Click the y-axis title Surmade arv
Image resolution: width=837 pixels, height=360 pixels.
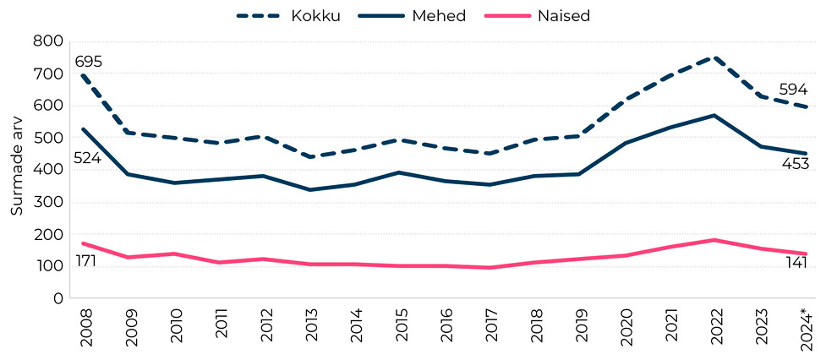tap(16, 170)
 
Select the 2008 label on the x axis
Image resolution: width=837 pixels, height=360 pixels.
tap(83, 325)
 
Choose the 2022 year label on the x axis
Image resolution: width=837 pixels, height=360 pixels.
tap(715, 325)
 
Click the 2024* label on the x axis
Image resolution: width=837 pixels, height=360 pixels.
tap(804, 326)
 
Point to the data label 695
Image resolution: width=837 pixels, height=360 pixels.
tap(88, 62)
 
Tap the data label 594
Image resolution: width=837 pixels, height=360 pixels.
tap(795, 90)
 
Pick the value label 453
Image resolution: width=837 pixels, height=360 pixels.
tap(795, 164)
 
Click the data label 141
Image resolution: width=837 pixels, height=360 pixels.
tap(795, 263)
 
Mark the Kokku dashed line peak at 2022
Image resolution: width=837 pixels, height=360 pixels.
tap(715, 57)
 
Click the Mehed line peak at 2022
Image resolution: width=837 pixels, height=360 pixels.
tap(715, 116)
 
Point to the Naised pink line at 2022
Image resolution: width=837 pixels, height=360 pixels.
tap(715, 240)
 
